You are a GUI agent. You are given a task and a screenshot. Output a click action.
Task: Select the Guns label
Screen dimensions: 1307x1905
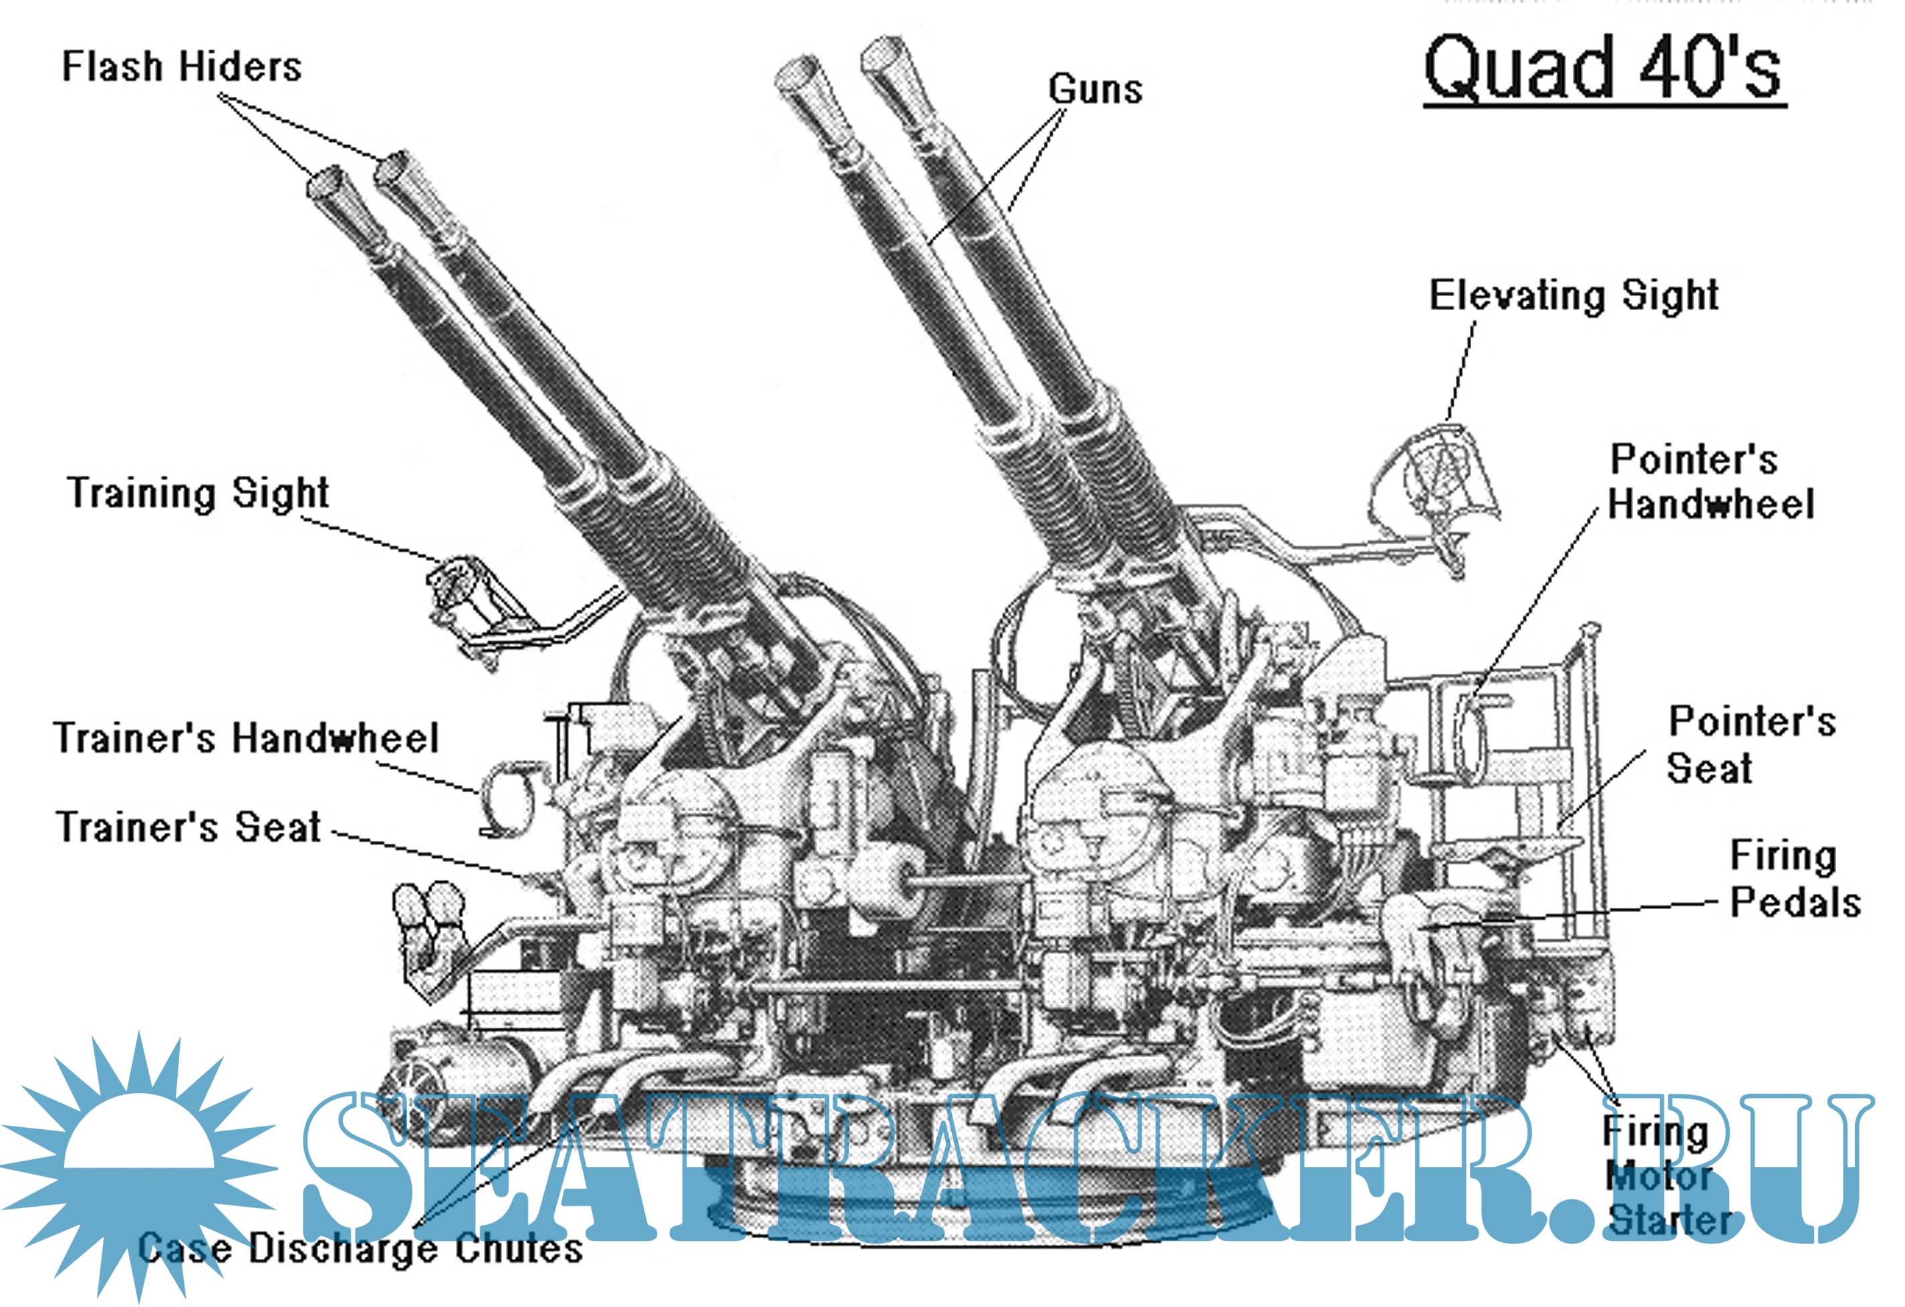click(1095, 88)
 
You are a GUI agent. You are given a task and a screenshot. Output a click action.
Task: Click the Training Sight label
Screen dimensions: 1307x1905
click(198, 493)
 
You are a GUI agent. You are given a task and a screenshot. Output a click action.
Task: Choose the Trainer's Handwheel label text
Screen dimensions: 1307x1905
click(246, 737)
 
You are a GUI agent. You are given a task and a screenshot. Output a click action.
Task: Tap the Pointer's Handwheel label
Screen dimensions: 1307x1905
click(1710, 481)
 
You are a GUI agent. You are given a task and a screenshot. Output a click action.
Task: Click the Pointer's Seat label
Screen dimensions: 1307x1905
click(1751, 745)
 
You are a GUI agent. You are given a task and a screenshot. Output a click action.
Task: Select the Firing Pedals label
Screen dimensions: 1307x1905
click(1794, 879)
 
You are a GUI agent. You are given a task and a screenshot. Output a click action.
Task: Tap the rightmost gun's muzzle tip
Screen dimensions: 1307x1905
click(882, 57)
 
